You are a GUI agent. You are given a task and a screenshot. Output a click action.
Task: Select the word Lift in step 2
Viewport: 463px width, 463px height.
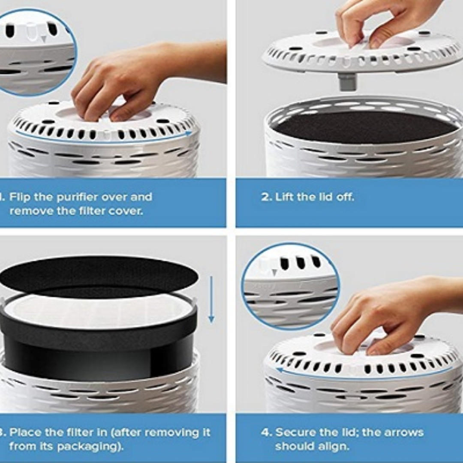(285, 197)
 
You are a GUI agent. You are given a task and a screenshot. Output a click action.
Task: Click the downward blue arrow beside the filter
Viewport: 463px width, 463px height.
(211, 300)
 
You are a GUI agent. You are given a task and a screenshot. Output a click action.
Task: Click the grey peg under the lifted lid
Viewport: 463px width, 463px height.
(347, 81)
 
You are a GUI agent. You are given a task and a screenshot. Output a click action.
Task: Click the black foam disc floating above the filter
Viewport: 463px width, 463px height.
(99, 274)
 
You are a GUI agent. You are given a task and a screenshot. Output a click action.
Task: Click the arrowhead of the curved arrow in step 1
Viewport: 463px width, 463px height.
(188, 134)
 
